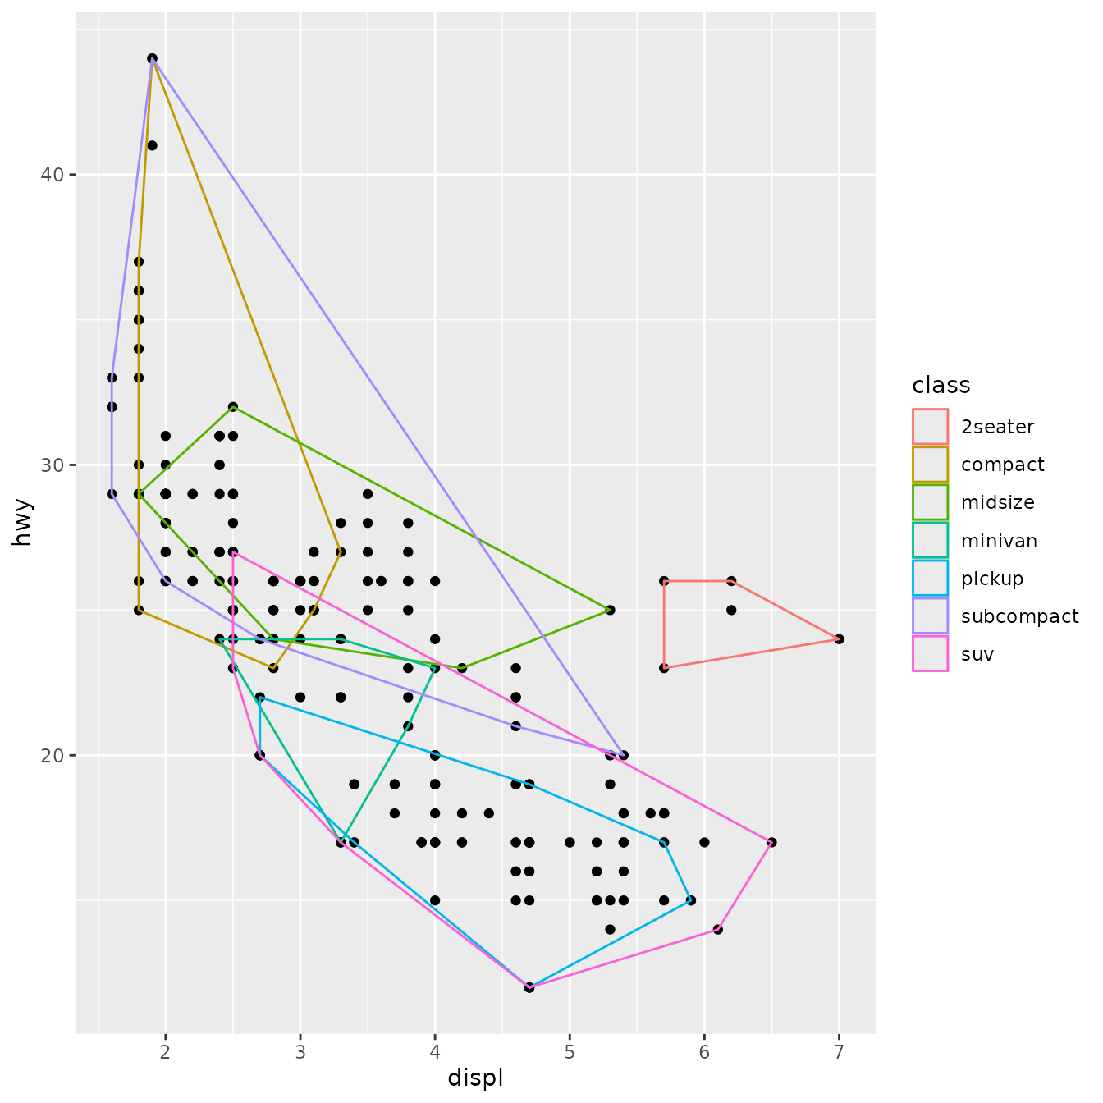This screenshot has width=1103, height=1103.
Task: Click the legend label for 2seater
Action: [997, 427]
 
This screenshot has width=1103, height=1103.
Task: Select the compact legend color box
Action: [930, 465]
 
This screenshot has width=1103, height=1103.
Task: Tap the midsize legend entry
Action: [997, 502]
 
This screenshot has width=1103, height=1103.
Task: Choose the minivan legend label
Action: [999, 541]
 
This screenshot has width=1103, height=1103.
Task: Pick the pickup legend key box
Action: [930, 579]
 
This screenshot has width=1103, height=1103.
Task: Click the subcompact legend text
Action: [1019, 616]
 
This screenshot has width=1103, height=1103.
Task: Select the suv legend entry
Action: [977, 654]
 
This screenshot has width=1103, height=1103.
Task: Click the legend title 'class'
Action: [941, 385]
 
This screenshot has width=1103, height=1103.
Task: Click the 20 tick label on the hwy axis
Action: [52, 755]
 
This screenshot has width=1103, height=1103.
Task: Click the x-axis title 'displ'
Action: [475, 1078]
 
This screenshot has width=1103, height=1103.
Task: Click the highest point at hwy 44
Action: [152, 58]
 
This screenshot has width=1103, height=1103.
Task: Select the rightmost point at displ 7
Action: [839, 638]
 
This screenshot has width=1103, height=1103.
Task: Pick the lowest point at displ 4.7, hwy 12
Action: [529, 987]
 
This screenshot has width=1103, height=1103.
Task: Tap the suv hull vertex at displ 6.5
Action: [771, 842]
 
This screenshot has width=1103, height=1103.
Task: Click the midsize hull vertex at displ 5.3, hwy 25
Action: [610, 610]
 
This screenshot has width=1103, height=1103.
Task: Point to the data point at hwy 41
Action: [152, 145]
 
